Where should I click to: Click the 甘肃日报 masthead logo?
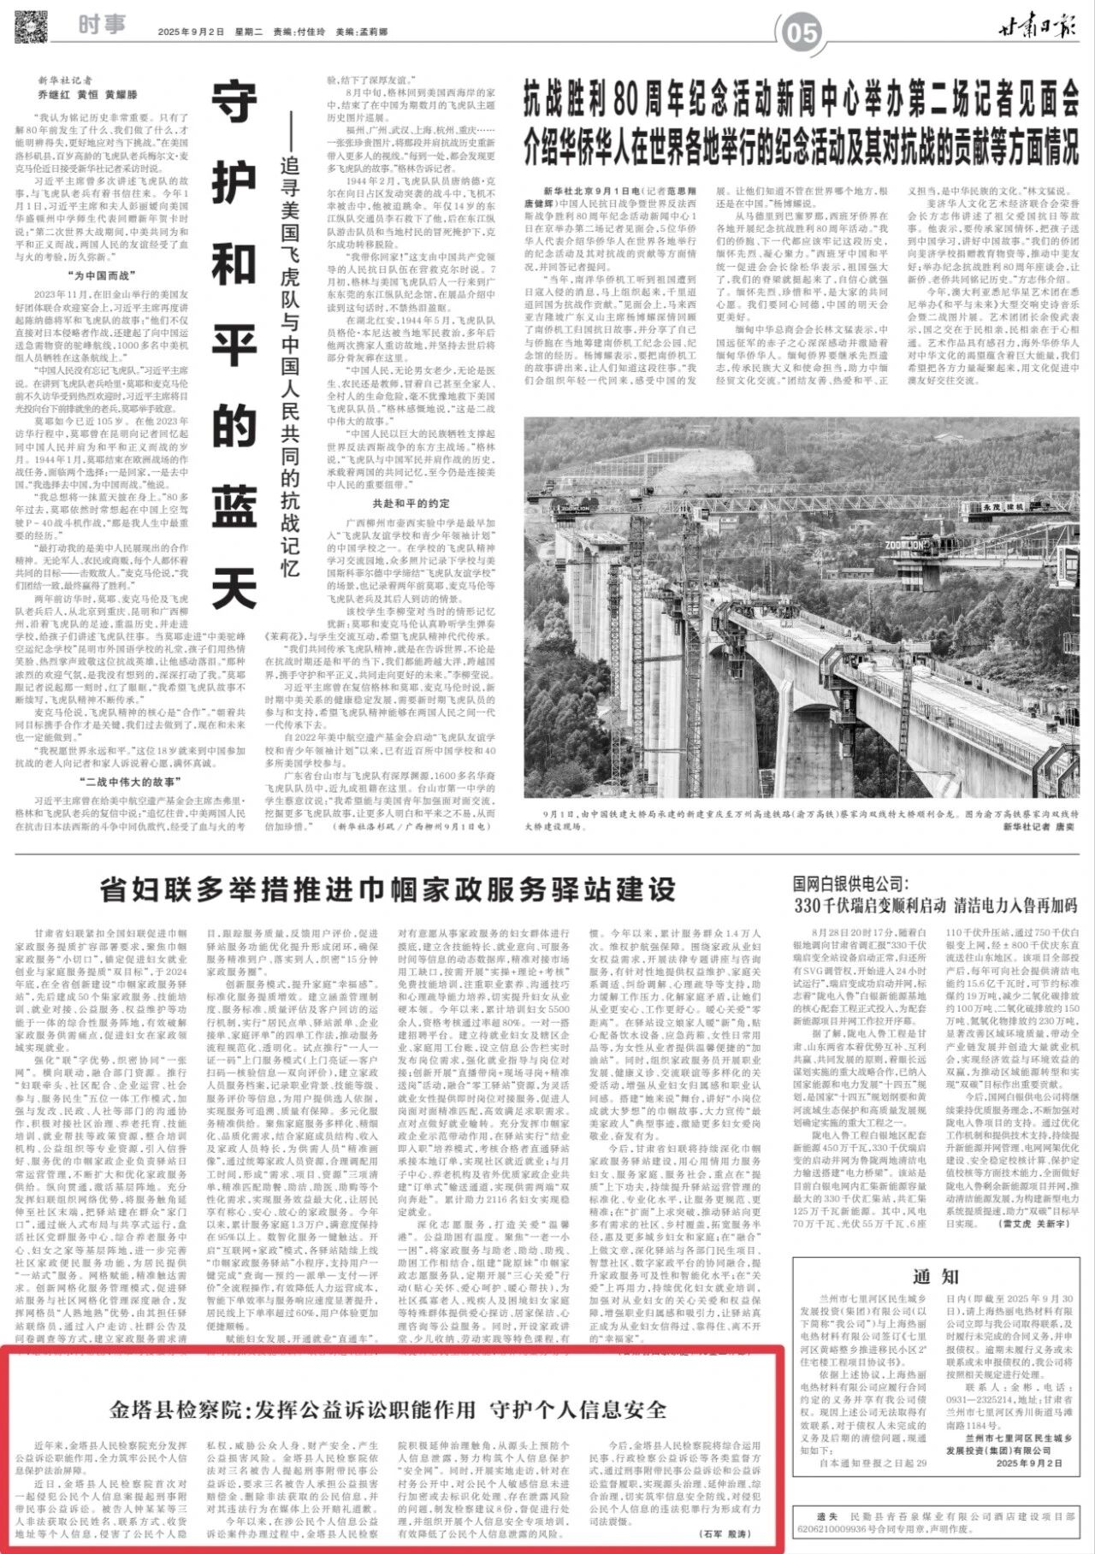pos(1039,29)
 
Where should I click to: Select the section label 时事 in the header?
pos(102,25)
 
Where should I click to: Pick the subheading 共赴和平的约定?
pos(410,503)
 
